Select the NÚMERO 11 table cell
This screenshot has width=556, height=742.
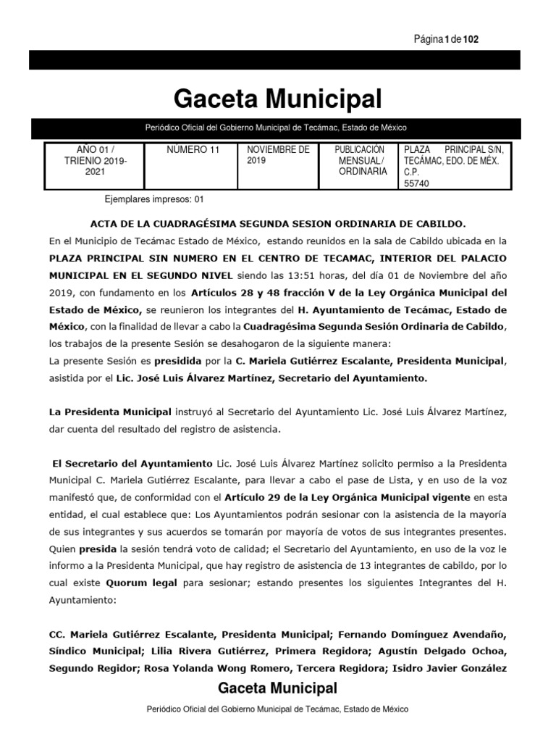(x=193, y=150)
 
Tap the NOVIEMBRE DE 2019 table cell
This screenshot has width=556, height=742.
(x=278, y=155)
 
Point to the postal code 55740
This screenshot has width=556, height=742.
(x=416, y=184)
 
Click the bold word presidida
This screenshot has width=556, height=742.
(x=173, y=360)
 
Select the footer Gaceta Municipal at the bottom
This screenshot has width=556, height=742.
(x=277, y=688)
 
